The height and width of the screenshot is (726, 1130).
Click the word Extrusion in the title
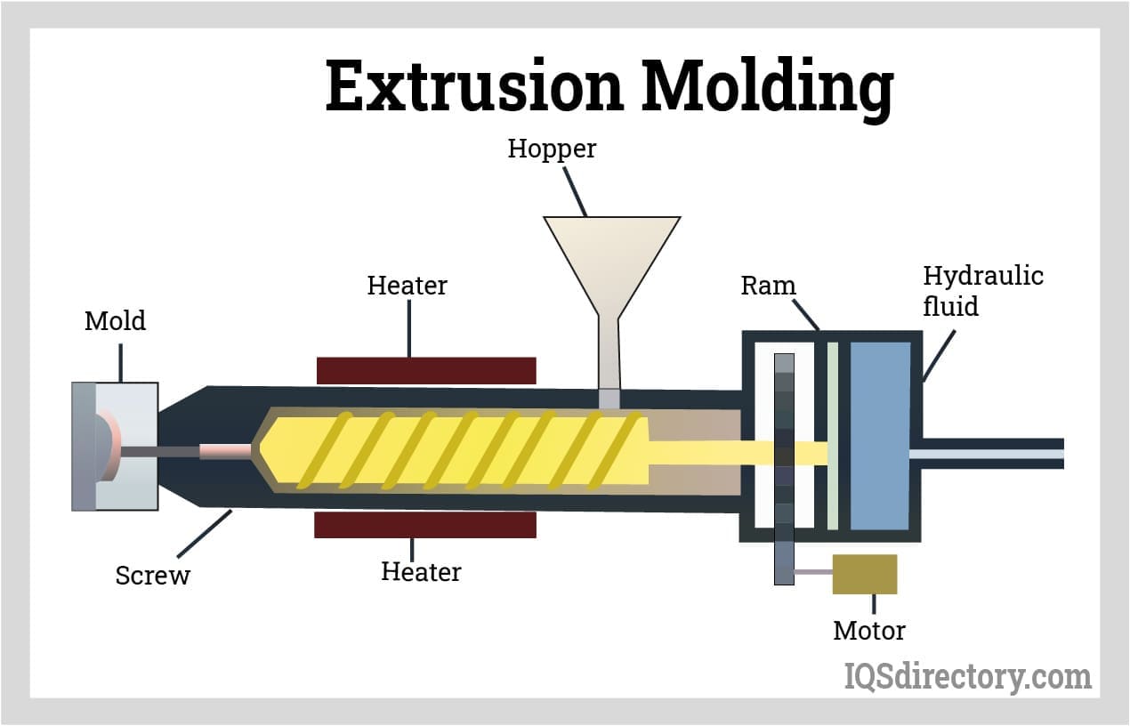[474, 86]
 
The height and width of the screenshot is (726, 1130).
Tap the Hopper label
[552, 149]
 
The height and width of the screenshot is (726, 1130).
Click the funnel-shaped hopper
[611, 254]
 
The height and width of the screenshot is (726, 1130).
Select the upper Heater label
[407, 286]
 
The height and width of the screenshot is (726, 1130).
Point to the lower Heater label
[421, 571]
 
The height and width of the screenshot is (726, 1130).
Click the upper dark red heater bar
[426, 370]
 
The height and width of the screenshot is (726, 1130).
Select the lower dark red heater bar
[425, 525]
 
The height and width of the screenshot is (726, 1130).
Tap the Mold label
[115, 320]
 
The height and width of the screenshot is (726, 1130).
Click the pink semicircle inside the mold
[108, 445]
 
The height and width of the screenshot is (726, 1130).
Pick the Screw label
[153, 576]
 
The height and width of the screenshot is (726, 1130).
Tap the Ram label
[768, 286]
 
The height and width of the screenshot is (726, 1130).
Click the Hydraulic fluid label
[982, 291]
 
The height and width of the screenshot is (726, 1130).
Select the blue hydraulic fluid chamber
[880, 436]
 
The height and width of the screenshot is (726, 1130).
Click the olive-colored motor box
[864, 574]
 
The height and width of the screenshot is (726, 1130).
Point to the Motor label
[868, 631]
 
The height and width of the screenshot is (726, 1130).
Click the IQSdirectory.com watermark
[967, 677]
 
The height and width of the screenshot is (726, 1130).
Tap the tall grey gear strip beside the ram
[784, 469]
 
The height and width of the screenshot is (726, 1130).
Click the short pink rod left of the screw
[225, 452]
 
